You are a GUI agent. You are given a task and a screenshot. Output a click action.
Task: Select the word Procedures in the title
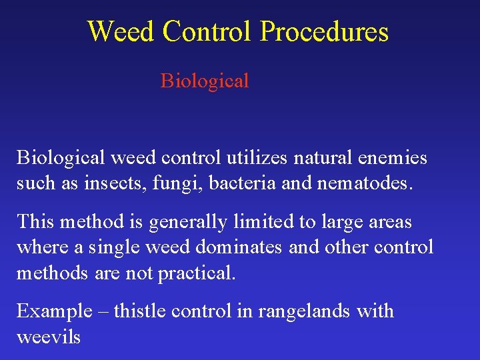point(324,31)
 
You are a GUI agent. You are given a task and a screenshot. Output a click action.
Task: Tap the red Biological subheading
point(205,81)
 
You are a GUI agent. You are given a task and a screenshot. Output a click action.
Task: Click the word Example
point(54,311)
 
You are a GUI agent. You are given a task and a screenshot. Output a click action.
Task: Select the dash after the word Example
point(103,311)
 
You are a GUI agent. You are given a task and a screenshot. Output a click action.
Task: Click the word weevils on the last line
point(48,337)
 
